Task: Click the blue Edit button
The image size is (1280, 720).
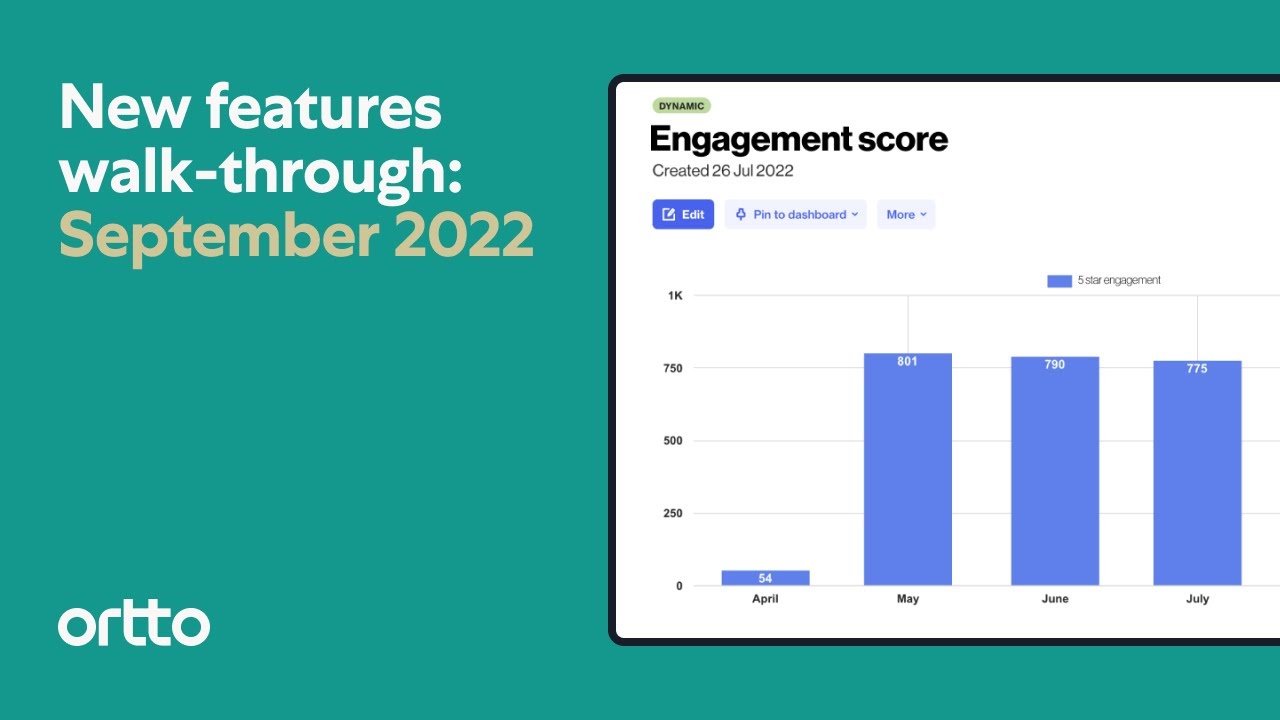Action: (683, 214)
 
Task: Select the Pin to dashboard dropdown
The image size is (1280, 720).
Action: (795, 214)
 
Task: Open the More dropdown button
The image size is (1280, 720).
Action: (906, 214)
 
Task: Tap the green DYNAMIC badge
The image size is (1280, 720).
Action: (681, 106)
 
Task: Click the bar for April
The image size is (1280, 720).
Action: (765, 578)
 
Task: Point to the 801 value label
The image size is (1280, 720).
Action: (907, 361)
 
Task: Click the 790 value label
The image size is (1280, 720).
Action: (1054, 365)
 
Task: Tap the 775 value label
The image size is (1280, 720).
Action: (1197, 369)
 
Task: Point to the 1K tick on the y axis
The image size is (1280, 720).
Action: (675, 296)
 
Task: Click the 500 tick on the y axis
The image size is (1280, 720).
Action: (672, 441)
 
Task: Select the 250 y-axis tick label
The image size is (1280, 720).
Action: (672, 514)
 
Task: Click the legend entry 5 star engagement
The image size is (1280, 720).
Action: (1104, 281)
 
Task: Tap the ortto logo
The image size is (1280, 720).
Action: (134, 625)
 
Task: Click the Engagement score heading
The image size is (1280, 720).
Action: (798, 139)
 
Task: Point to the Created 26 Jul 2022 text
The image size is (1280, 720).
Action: (722, 171)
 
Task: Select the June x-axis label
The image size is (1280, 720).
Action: (1054, 599)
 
